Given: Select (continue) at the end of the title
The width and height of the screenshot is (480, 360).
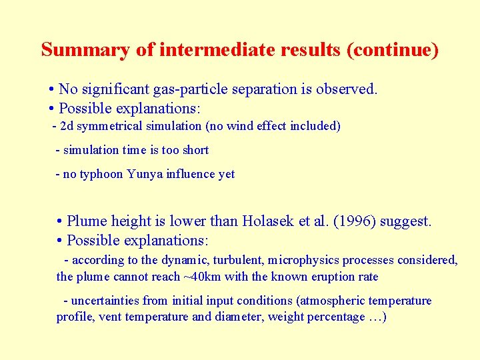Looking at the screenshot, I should pyautogui.click(x=393, y=50).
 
